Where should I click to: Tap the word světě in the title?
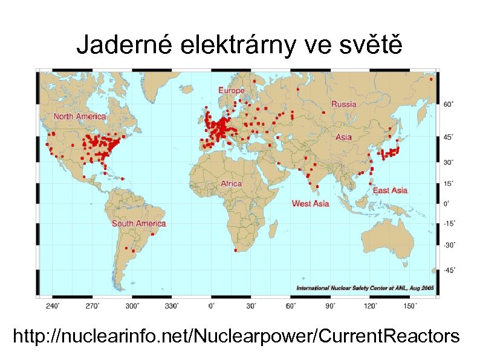[x=371, y=44]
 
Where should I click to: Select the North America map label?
[x=79, y=116]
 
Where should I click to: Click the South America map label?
[x=138, y=223]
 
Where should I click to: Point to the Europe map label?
[x=231, y=90]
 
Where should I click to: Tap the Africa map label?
[x=231, y=183]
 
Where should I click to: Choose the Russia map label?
[x=343, y=104]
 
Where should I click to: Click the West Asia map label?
[x=310, y=203]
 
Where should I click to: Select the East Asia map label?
[x=390, y=191]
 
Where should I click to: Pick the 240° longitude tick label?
[x=53, y=306]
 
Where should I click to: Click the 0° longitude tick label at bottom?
[x=212, y=306]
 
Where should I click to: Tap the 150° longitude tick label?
[x=410, y=306]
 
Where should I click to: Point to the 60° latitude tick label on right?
[x=449, y=104]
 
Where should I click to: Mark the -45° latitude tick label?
[x=449, y=271]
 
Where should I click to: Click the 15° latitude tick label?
[x=449, y=182]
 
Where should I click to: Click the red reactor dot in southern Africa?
[x=235, y=251]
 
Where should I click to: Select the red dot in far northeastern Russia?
[x=431, y=79]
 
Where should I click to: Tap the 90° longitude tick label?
[x=331, y=306]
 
